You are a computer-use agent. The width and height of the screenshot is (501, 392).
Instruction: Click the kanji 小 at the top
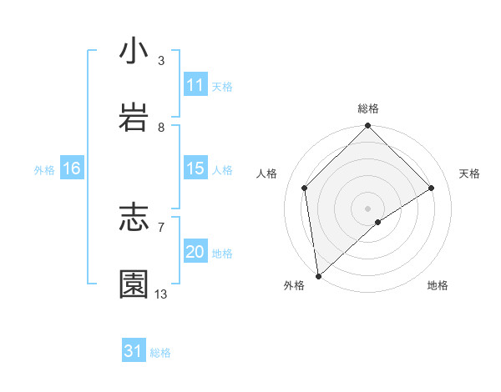pyautogui.click(x=134, y=52)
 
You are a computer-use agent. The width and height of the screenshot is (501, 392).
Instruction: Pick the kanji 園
pyautogui.click(x=134, y=284)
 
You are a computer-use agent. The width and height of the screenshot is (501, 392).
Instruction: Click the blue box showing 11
pyautogui.click(x=195, y=85)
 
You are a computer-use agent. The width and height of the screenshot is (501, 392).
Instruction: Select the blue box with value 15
pyautogui.click(x=195, y=168)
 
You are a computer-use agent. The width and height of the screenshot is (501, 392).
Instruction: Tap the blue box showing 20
pyautogui.click(x=195, y=252)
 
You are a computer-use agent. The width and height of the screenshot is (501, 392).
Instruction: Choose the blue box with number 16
pyautogui.click(x=71, y=168)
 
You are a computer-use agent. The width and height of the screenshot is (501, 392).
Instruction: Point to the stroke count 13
pyautogui.click(x=161, y=294)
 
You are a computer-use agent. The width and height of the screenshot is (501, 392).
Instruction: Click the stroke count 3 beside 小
pyautogui.click(x=161, y=61)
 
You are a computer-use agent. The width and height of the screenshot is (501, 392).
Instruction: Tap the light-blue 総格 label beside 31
pyautogui.click(x=160, y=353)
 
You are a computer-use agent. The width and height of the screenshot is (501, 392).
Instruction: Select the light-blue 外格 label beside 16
pyautogui.click(x=44, y=170)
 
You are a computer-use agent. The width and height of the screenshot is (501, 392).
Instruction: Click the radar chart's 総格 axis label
pyautogui.click(x=368, y=108)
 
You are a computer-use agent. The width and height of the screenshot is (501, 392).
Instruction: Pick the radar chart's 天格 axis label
pyautogui.click(x=470, y=173)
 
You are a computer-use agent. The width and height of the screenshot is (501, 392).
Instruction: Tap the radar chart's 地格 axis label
pyautogui.click(x=438, y=285)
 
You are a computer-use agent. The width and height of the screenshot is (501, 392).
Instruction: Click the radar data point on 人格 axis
pyautogui.click(x=305, y=188)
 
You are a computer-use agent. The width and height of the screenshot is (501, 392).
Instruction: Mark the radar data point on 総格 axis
pyautogui.click(x=368, y=127)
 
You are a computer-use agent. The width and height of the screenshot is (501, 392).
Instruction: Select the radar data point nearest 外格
pyautogui.click(x=318, y=276)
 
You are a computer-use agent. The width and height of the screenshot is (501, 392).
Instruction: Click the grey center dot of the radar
pyautogui.click(x=368, y=208)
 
